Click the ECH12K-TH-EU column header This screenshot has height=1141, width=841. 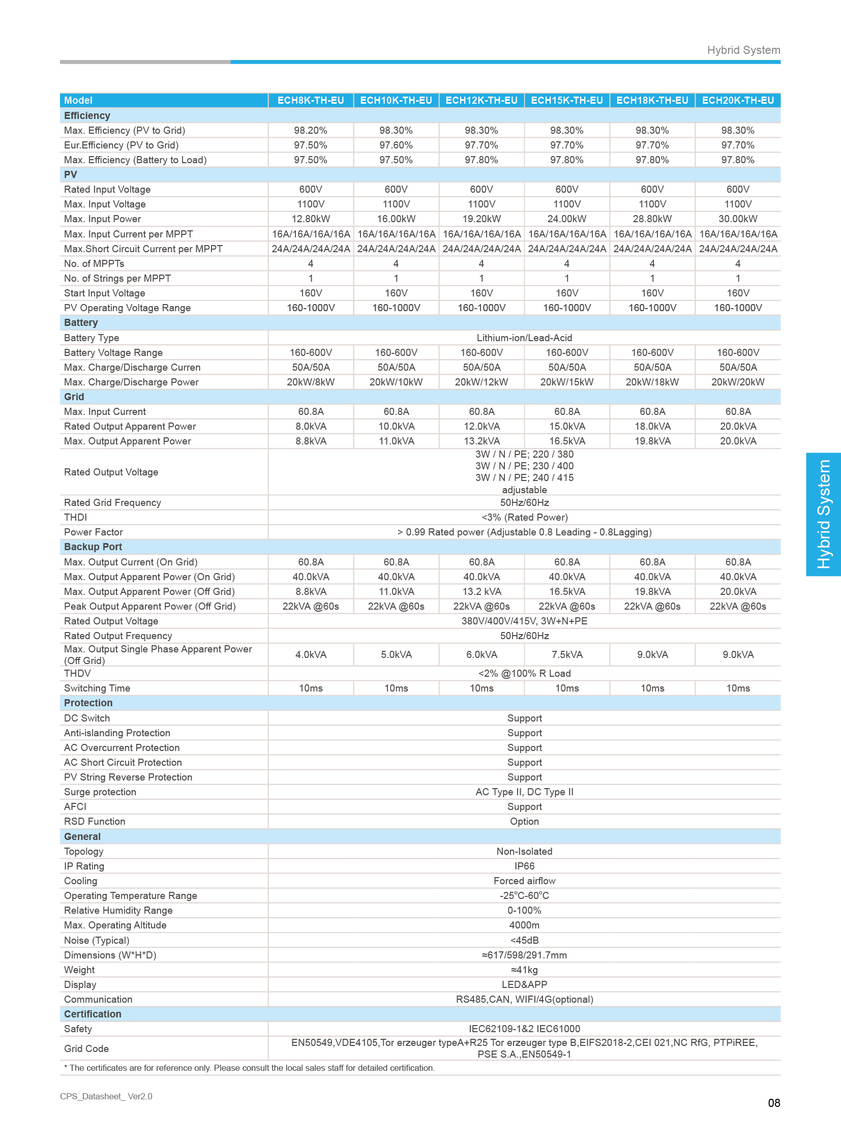(x=481, y=100)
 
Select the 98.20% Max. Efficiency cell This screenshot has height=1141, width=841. (x=311, y=130)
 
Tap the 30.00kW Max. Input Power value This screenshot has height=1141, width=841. (x=738, y=219)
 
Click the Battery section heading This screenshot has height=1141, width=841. (x=81, y=323)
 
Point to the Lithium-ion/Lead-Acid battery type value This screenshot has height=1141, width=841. (x=524, y=338)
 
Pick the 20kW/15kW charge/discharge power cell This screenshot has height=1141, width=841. (x=566, y=382)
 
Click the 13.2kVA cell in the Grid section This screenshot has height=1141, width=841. (x=481, y=441)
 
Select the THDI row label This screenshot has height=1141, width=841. (x=75, y=517)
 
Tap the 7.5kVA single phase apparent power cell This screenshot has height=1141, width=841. (x=566, y=655)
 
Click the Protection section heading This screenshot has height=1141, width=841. (x=88, y=703)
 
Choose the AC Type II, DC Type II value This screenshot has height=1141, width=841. (x=524, y=792)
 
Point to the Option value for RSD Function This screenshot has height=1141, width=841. (x=524, y=821)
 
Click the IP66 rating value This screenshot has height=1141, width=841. (x=524, y=866)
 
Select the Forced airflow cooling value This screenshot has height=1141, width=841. (x=524, y=881)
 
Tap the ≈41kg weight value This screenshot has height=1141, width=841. (x=524, y=970)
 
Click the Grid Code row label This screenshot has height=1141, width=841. (x=86, y=1048)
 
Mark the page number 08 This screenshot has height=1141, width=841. (x=773, y=1103)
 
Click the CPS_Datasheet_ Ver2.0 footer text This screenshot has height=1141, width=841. (x=106, y=1096)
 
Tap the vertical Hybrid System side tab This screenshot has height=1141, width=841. (x=823, y=514)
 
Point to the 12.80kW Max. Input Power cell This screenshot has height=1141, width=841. (x=311, y=219)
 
